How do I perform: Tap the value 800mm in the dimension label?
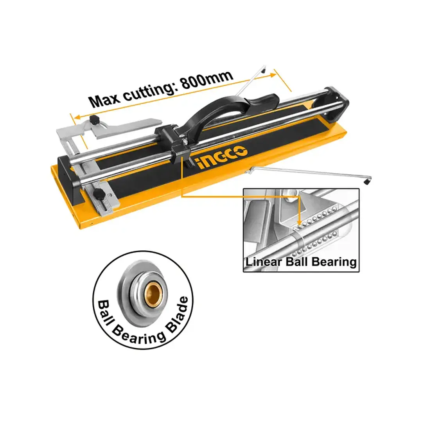pos(207,80)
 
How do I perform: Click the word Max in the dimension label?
pos(104,99)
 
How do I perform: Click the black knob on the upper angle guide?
pos(95,120)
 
